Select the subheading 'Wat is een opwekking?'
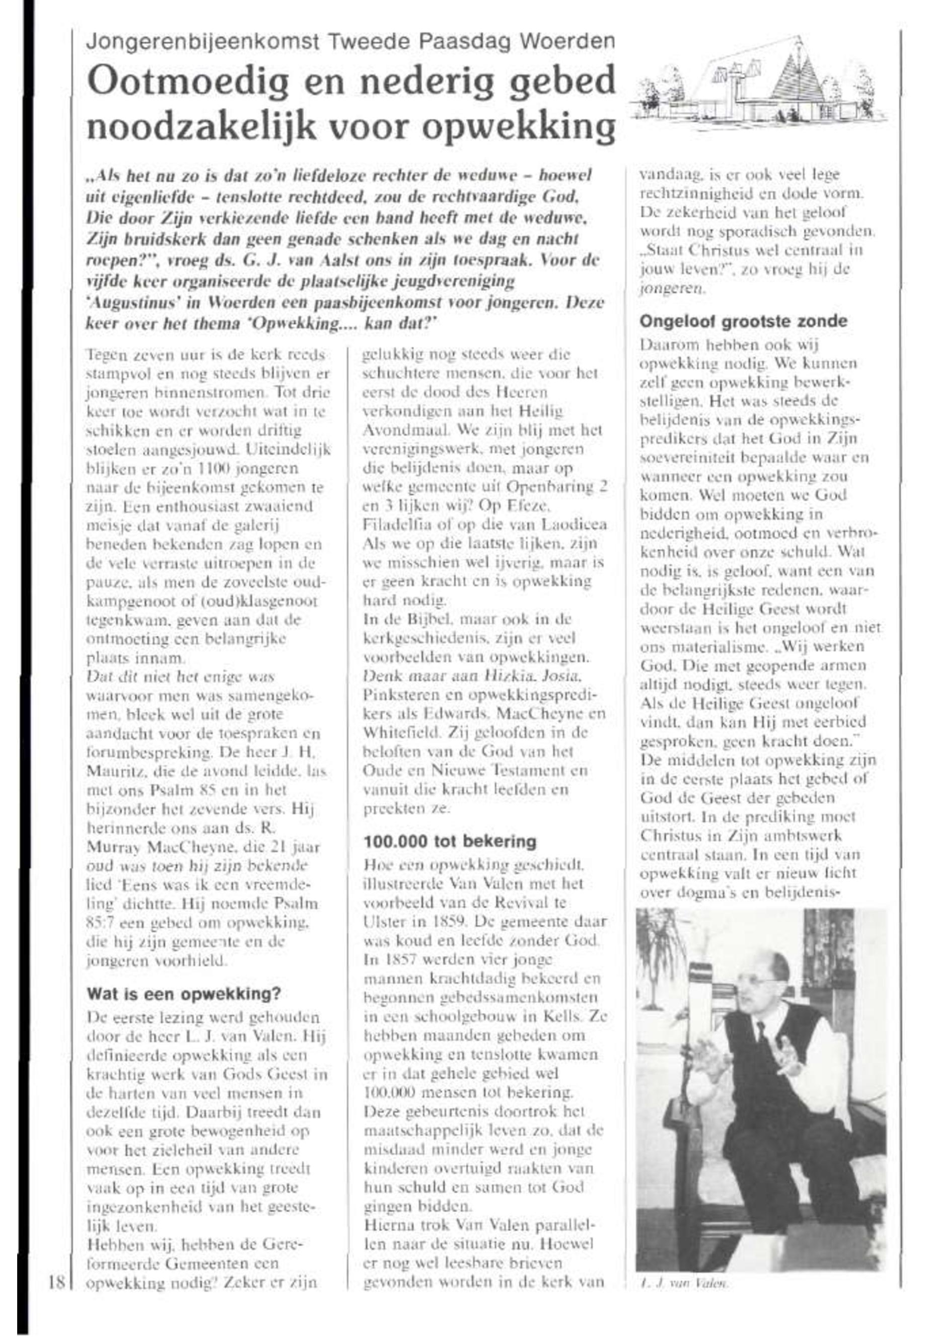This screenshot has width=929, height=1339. click(183, 994)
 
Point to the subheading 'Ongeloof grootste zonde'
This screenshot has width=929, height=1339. click(743, 321)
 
